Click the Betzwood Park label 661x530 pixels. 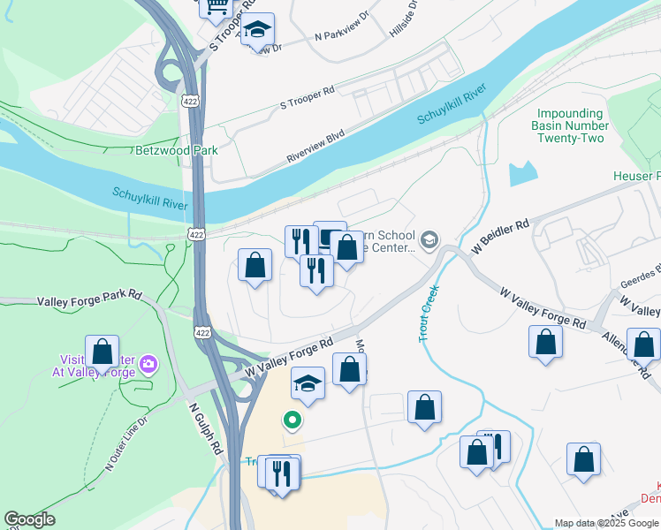[176, 150]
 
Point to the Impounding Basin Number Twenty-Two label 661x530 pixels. [570, 126]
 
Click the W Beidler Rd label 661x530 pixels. [500, 237]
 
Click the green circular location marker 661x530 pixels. [289, 420]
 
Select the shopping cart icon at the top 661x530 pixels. [215, 8]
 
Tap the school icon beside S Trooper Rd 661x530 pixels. [257, 29]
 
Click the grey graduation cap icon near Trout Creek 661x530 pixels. [429, 240]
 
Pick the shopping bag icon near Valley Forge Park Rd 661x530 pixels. [103, 351]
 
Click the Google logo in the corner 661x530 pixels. [29, 519]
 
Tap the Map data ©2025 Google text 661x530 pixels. [606, 523]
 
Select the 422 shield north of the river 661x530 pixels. [190, 102]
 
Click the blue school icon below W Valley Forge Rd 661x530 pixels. [308, 383]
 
